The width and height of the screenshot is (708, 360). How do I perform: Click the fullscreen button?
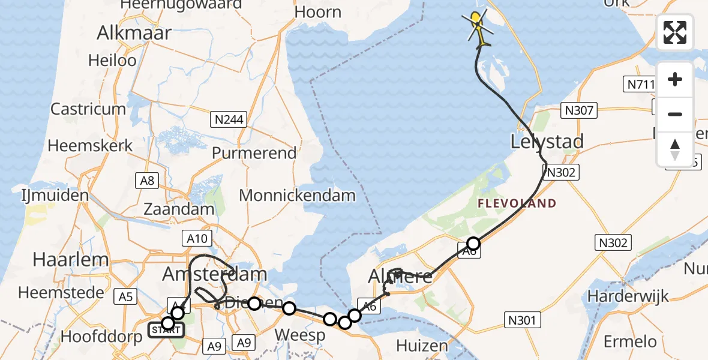(675, 32)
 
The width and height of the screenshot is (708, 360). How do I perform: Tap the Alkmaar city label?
(134, 32)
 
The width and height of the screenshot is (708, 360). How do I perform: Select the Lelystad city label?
(547, 142)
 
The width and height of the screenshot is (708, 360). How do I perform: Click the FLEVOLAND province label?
(517, 204)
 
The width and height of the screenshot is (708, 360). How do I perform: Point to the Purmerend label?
(254, 152)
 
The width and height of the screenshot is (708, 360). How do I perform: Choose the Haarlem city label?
(71, 260)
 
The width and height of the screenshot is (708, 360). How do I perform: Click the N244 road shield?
(229, 119)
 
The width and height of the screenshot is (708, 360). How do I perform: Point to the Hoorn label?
(318, 12)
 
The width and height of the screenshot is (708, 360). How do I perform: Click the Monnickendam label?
(297, 195)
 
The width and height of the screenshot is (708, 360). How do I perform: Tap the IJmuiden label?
(55, 195)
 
